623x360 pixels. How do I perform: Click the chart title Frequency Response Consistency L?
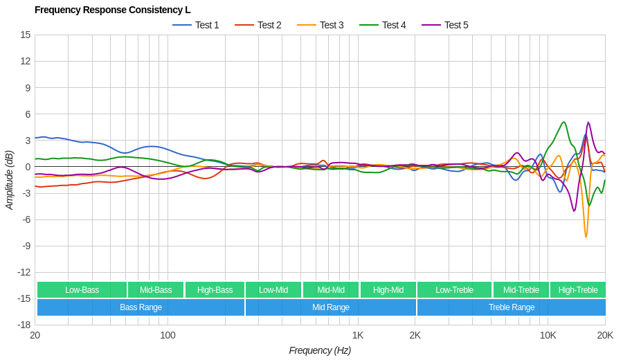112,10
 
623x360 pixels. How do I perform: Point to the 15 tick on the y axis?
26,35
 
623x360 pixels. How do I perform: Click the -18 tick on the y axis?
24,325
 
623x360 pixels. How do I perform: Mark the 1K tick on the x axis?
358,336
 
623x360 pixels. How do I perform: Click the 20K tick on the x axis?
605,336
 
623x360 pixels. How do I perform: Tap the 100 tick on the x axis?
168,336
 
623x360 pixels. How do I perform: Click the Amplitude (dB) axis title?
10,180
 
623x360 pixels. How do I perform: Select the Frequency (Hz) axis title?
320,350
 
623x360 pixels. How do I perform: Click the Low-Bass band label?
82,290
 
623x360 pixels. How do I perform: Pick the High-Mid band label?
388,290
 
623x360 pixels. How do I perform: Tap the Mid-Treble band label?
521,290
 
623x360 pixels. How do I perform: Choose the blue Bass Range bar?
141,307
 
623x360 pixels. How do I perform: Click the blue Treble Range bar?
511,307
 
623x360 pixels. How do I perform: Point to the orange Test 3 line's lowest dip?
586,237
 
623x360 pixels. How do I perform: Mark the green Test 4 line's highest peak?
564,123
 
